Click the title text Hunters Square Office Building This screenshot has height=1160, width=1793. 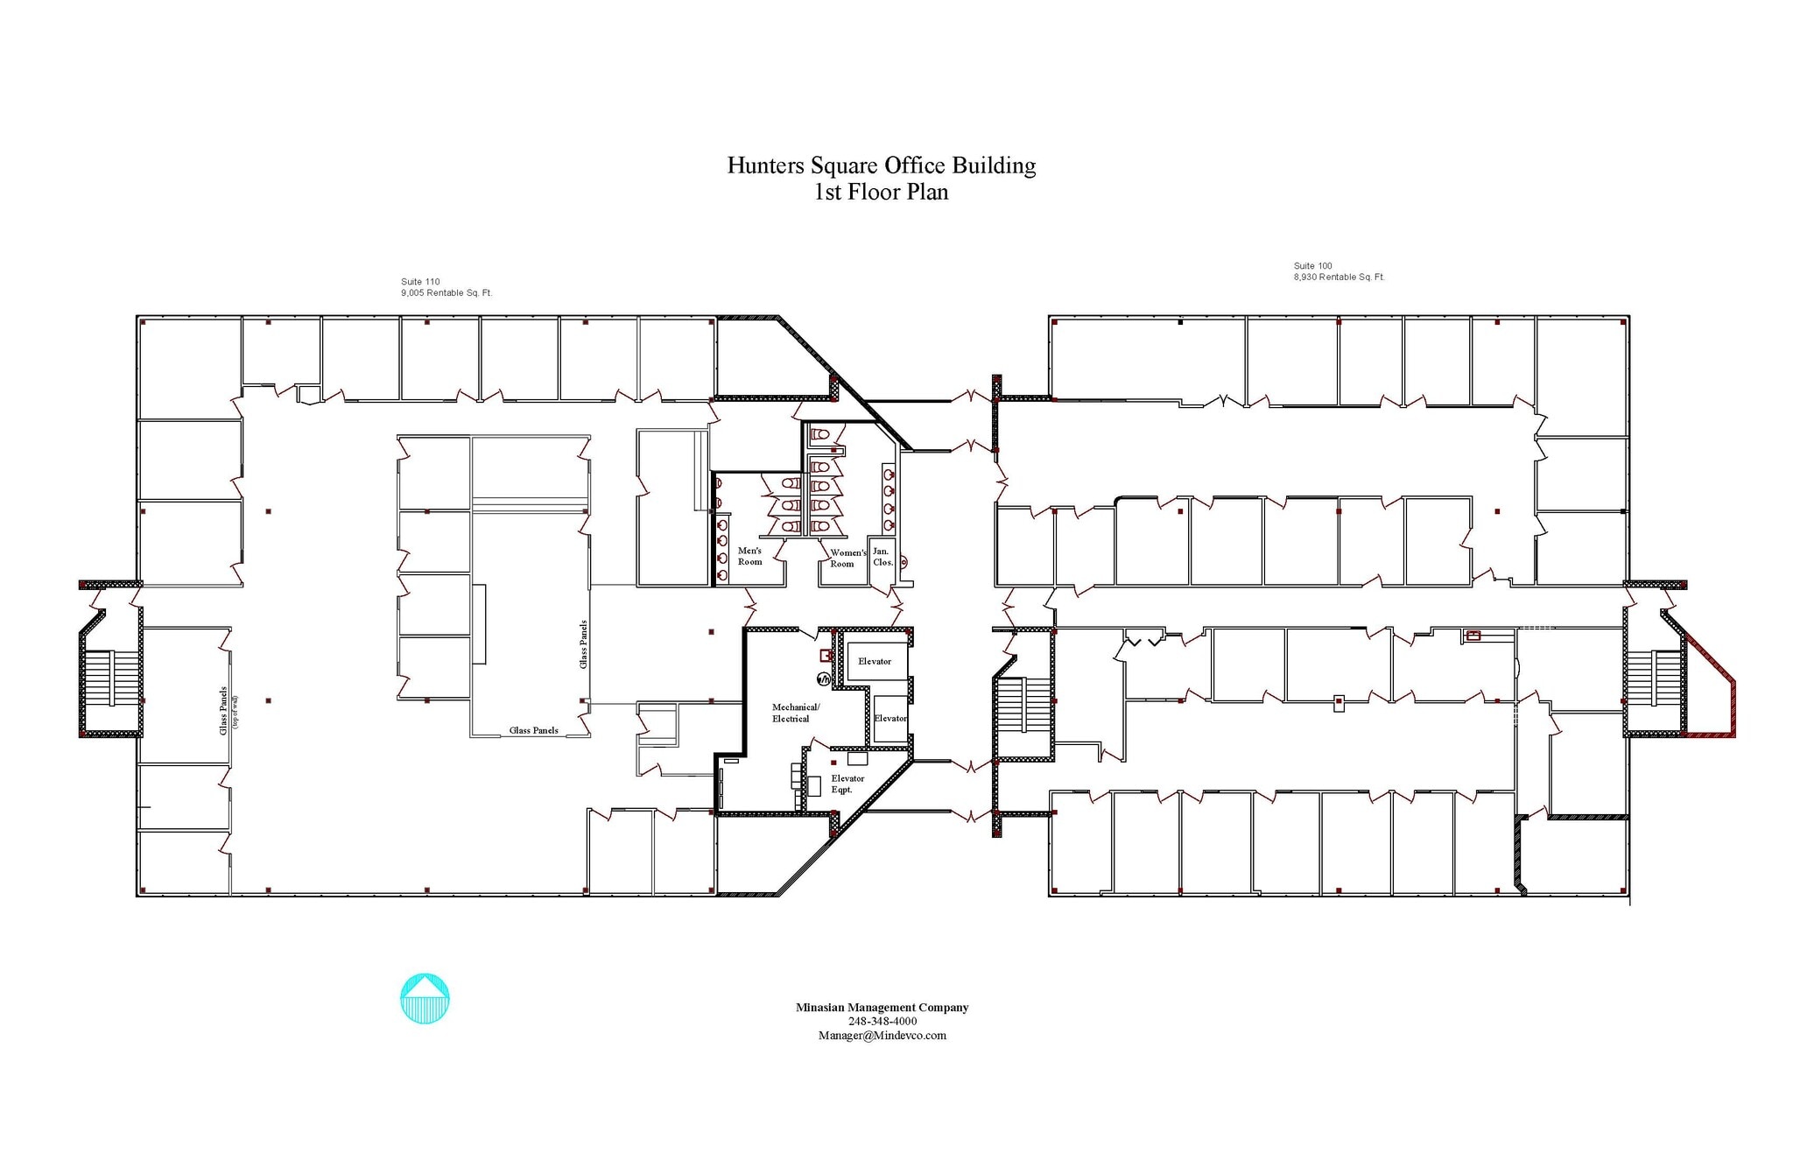(881, 165)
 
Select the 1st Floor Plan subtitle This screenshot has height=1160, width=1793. (881, 192)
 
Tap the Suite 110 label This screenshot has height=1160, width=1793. (420, 282)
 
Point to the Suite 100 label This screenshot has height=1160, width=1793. (1312, 265)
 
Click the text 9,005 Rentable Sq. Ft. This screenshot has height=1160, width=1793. (446, 293)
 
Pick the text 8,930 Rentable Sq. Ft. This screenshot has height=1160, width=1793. (1339, 277)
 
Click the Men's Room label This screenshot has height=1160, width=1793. (749, 556)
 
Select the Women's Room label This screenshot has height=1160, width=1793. (847, 559)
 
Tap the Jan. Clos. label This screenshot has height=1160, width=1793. (882, 557)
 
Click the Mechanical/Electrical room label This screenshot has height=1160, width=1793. (794, 713)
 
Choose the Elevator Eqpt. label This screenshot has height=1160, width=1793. (847, 784)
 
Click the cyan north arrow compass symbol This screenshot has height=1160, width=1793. (425, 998)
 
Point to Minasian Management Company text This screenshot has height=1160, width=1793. (882, 1008)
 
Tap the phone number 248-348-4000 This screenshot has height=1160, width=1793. (882, 1022)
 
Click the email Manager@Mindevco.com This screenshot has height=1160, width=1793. (882, 1036)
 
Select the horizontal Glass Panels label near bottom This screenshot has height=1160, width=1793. (533, 730)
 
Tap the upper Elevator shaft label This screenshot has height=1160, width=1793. (874, 661)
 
